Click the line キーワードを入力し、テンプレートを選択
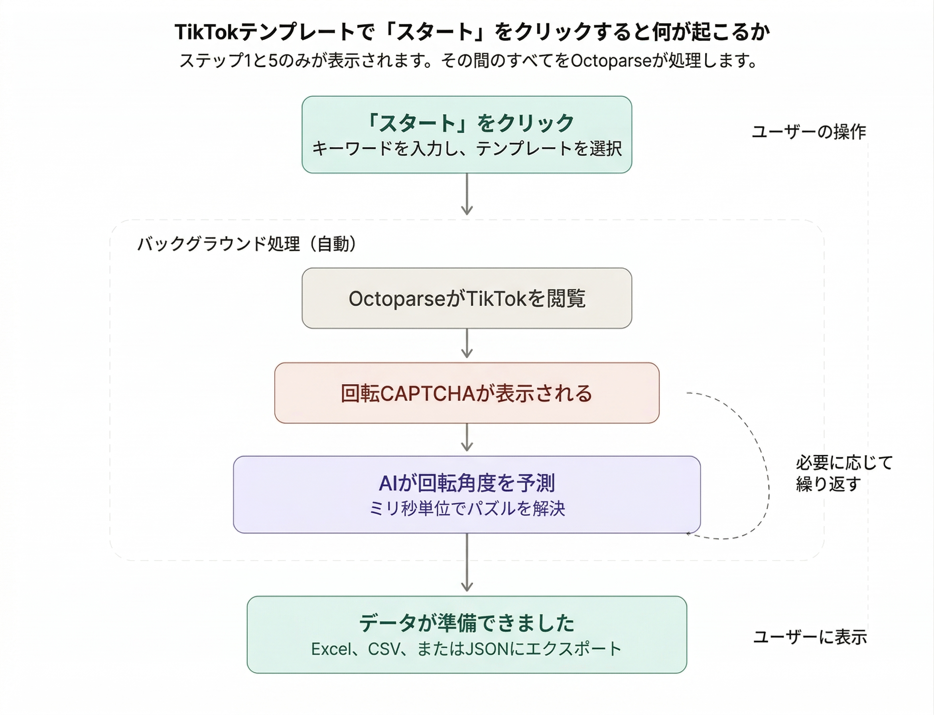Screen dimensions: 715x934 pyautogui.click(x=467, y=149)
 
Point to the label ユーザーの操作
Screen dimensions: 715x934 pyautogui.click(x=808, y=132)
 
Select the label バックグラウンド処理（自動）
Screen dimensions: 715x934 pyautogui.click(x=247, y=244)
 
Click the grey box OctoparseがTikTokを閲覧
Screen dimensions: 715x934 pyautogui.click(x=467, y=298)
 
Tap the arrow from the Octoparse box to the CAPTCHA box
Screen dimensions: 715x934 pyautogui.click(x=467, y=344)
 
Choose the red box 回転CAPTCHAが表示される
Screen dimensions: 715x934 pyautogui.click(x=467, y=393)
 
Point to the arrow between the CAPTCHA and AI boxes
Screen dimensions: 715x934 pyautogui.click(x=467, y=438)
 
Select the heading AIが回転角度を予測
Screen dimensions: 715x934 pyautogui.click(x=467, y=483)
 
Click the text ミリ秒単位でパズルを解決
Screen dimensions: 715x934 pyautogui.click(x=467, y=509)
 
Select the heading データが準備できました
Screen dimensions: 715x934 pyautogui.click(x=467, y=624)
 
